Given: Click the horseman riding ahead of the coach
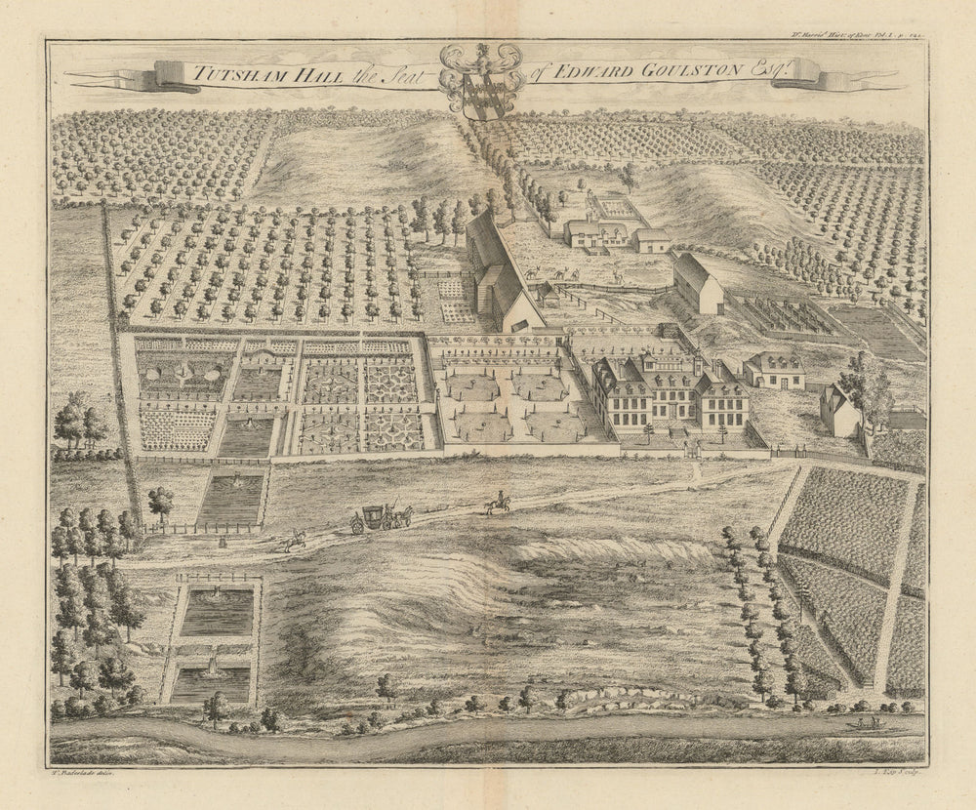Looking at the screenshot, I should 498,503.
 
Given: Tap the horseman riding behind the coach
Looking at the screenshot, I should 294,540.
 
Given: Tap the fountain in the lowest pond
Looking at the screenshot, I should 213,668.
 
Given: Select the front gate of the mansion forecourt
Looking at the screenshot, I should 692,450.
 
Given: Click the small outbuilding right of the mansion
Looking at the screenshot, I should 774,370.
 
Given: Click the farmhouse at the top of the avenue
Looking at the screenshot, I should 596,232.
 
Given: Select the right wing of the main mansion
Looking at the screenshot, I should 723,401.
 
